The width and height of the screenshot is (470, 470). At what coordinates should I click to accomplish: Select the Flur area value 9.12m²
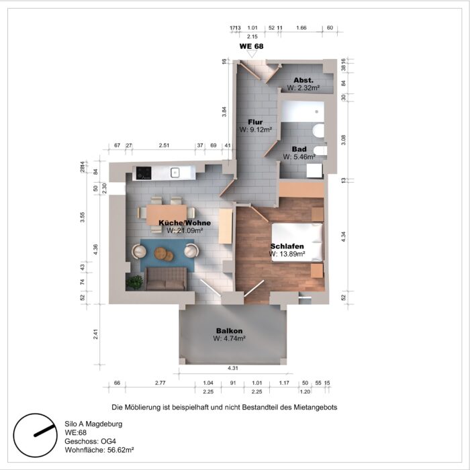click(x=255, y=130)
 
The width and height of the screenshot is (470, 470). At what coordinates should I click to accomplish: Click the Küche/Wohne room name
click(x=185, y=223)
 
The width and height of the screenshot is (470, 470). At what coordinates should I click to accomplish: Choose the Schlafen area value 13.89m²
click(x=287, y=254)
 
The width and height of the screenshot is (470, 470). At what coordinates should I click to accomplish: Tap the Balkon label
click(x=229, y=330)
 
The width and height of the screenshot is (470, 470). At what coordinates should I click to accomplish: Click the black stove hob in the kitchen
click(x=144, y=173)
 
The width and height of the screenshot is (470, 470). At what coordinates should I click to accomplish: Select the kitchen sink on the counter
click(x=175, y=173)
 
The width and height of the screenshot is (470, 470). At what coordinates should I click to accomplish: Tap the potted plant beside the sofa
click(x=135, y=283)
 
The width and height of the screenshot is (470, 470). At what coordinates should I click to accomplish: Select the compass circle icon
click(x=34, y=434)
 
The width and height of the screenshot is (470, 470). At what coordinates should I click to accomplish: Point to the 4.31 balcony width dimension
click(x=233, y=368)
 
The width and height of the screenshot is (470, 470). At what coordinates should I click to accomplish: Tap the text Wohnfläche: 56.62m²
click(x=99, y=453)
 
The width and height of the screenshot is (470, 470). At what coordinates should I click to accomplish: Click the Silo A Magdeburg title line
click(x=93, y=424)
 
